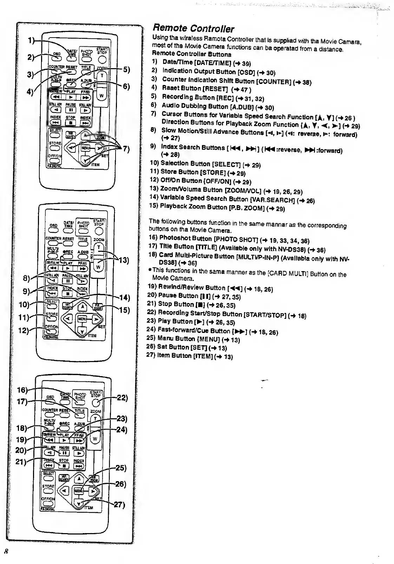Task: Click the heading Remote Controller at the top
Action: pyautogui.click(x=193, y=29)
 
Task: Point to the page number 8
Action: pyautogui.click(x=6, y=550)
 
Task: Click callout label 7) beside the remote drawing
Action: pyautogui.click(x=126, y=149)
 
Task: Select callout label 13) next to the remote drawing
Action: pyautogui.click(x=124, y=261)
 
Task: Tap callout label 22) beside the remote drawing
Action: pyautogui.click(x=122, y=398)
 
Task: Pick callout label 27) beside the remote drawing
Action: pyautogui.click(x=119, y=505)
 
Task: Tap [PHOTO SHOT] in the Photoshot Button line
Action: pyautogui.click(x=237, y=239)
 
